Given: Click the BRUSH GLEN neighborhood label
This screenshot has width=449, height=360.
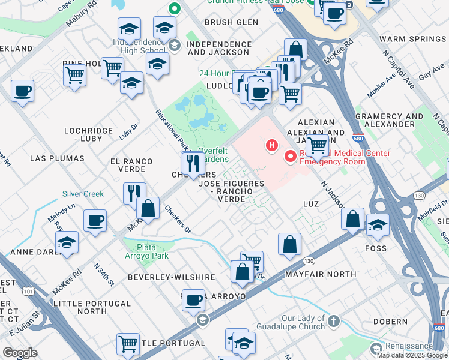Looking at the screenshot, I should pyautogui.click(x=231, y=22).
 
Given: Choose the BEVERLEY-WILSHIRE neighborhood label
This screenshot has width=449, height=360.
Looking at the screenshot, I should pyautogui.click(x=171, y=277).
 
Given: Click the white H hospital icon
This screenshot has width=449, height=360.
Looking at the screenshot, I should pyautogui.click(x=272, y=145).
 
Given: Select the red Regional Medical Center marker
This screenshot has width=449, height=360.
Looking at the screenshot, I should pyautogui.click(x=291, y=157).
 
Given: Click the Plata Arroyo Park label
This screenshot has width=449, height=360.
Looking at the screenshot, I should pyautogui.click(x=146, y=251).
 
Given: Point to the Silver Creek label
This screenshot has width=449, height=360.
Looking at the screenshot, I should pyautogui.click(x=83, y=194).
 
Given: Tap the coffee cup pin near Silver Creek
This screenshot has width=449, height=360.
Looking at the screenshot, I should pyautogui.click(x=95, y=221).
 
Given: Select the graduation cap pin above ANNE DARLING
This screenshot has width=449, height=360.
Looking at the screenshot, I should pyautogui.click(x=67, y=242).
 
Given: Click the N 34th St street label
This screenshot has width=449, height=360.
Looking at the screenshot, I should pyautogui.click(x=103, y=273).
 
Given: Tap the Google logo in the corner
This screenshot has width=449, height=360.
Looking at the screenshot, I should pyautogui.click(x=20, y=353).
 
